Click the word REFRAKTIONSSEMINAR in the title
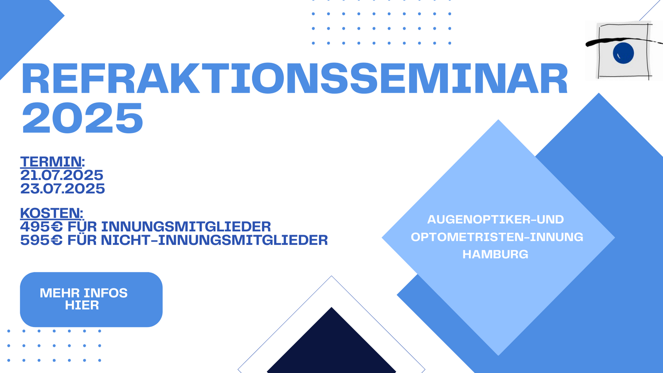[295, 79]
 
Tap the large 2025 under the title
[82, 118]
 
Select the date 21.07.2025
[62, 175]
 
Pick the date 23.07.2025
[63, 189]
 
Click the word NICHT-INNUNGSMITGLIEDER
[214, 240]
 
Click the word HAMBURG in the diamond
[495, 254]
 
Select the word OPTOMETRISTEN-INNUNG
[497, 237]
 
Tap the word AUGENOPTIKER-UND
[495, 219]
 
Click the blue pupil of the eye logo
[623, 53]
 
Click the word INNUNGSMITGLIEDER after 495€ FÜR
[186, 227]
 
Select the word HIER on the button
[82, 305]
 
